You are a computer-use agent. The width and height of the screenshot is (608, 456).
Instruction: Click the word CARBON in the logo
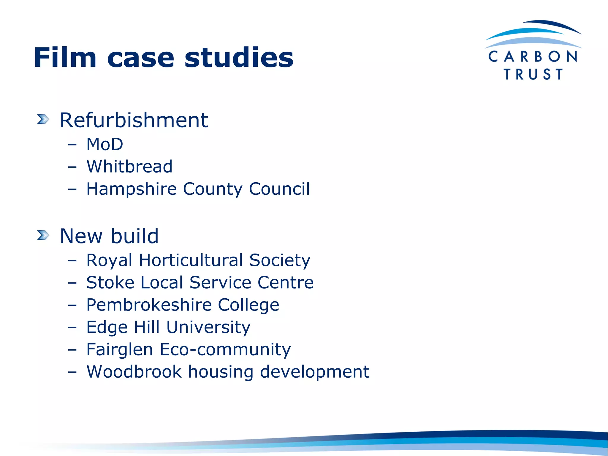[x=533, y=56]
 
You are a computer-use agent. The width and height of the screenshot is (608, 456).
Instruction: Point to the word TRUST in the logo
[x=533, y=74]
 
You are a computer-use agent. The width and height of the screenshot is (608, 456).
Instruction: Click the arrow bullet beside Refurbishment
[x=43, y=119]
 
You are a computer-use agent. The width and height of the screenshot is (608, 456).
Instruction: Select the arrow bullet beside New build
[x=43, y=235]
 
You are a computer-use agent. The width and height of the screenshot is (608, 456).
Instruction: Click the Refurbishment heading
[x=134, y=120]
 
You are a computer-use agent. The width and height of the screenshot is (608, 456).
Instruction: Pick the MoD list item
[x=104, y=144]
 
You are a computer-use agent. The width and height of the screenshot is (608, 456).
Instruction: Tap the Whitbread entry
[x=129, y=166]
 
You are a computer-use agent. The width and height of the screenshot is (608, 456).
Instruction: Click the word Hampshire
[x=132, y=189]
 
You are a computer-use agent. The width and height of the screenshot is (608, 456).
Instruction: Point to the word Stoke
[x=110, y=282]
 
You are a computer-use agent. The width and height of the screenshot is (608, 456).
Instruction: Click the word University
[x=208, y=327]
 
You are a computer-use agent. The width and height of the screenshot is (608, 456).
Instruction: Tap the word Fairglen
[x=120, y=349]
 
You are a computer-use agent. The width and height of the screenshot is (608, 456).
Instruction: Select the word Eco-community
[x=225, y=349]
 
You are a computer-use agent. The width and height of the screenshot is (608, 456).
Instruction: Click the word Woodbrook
[x=134, y=371]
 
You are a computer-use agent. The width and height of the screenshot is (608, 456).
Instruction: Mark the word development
[x=315, y=372]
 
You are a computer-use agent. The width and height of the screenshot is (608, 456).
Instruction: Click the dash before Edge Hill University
[x=72, y=327]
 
